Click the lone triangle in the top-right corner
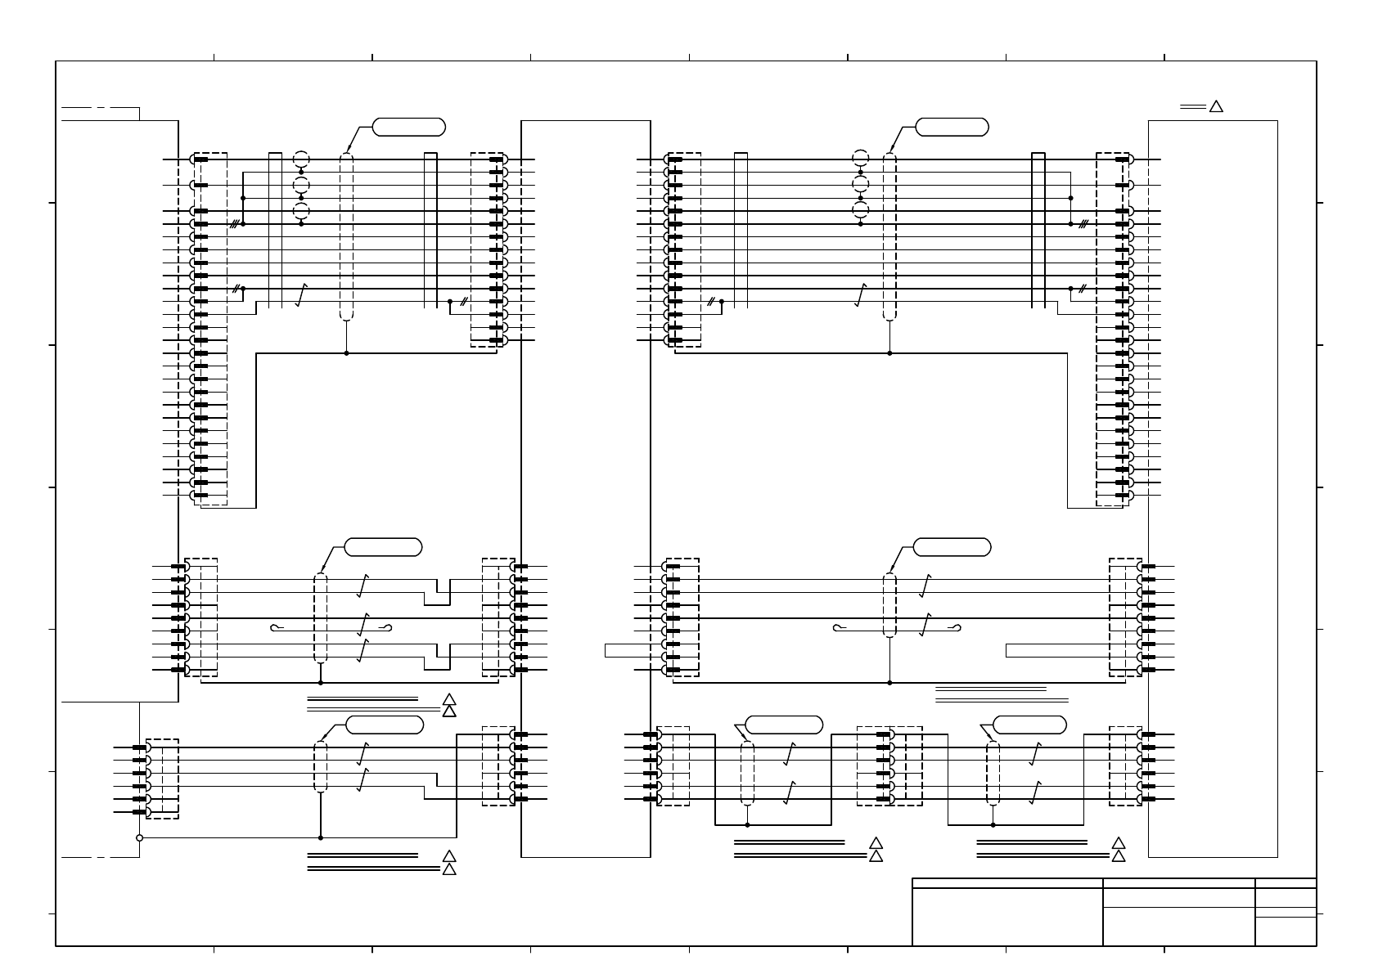coord(1216,106)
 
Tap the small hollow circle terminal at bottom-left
coord(139,837)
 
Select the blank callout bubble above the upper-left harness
coord(408,127)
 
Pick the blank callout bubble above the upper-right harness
coord(952,127)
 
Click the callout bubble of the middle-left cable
coord(383,547)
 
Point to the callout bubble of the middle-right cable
coord(952,547)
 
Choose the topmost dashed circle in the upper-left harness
coord(301,159)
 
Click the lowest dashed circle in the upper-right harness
coord(860,210)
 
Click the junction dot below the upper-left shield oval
coord(347,353)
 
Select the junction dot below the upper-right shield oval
coord(889,353)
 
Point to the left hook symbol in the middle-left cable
coord(277,628)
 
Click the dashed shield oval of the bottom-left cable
coord(320,767)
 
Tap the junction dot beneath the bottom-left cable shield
coord(320,837)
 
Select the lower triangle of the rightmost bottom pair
coord(1119,855)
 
